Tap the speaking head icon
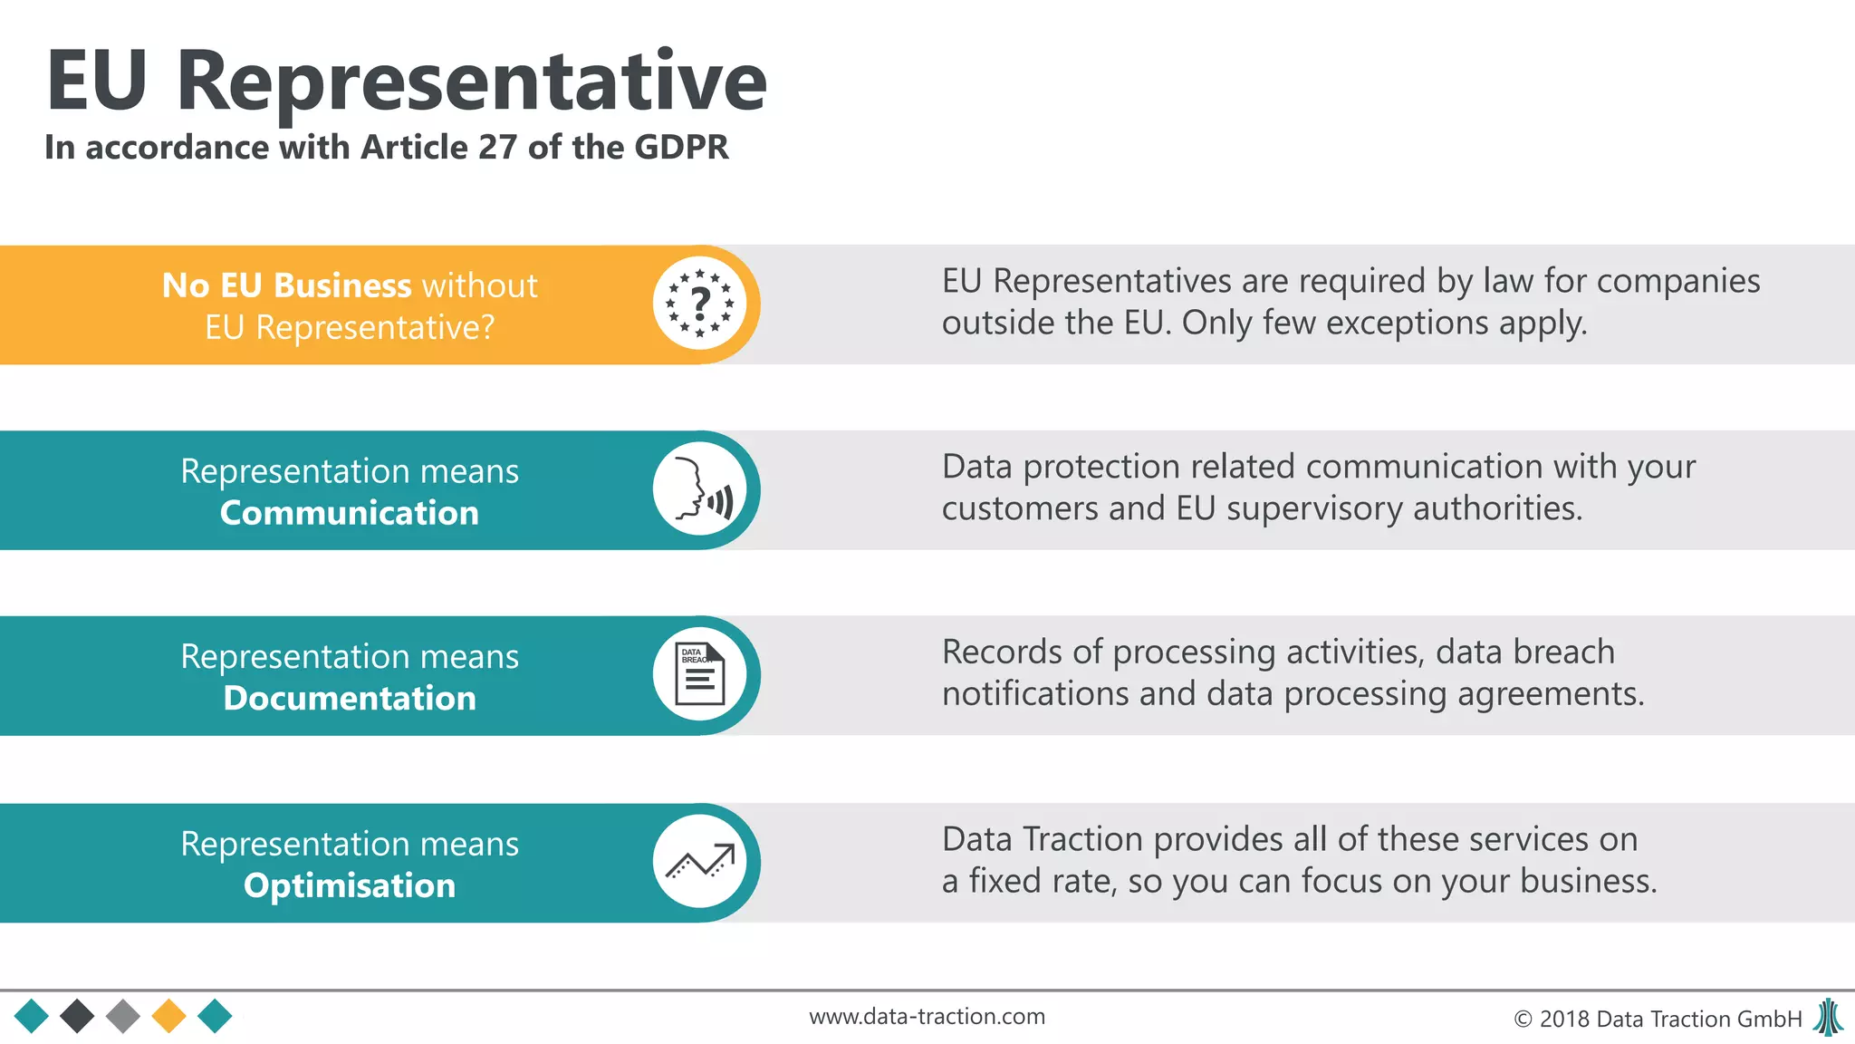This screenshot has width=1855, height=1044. pyautogui.click(x=699, y=490)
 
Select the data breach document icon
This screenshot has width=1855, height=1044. pyautogui.click(x=699, y=675)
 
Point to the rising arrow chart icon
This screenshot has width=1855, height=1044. pyautogui.click(x=699, y=862)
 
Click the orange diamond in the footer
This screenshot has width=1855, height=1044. pyautogui.click(x=168, y=1016)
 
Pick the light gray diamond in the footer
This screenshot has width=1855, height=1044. pyautogui.click(x=123, y=1016)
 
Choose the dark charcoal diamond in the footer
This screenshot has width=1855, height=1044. pyautogui.click(x=77, y=1016)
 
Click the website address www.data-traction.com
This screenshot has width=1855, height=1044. pyautogui.click(x=927, y=1017)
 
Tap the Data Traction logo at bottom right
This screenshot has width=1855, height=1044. pyautogui.click(x=1829, y=1017)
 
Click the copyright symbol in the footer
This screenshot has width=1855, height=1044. pyautogui.click(x=1523, y=1020)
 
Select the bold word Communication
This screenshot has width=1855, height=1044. pyautogui.click(x=349, y=513)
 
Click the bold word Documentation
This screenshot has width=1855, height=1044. pyautogui.click(x=349, y=698)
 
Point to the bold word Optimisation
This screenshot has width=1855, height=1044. pyautogui.click(x=349, y=885)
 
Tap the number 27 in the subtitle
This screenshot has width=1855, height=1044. pyautogui.click(x=497, y=147)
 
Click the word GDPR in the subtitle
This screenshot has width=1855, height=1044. pyautogui.click(x=681, y=147)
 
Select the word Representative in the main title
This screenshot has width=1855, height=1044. pyautogui.click(x=471, y=82)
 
